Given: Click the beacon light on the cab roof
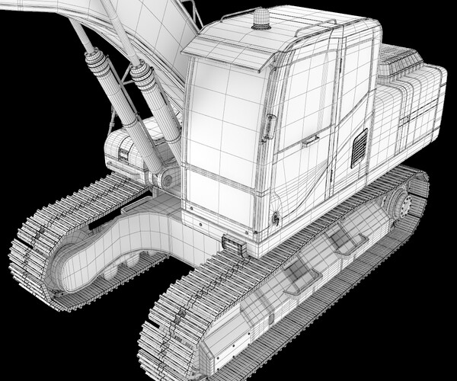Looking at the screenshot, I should pos(261,19).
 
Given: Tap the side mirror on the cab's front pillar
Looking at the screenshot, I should pos(269,126).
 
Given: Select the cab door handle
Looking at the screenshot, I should pos(309,140).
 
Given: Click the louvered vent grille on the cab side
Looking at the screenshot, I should pos(359,148).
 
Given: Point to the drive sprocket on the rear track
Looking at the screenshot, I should pos(398,205).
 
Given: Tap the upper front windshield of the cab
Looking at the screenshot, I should pos(221,114).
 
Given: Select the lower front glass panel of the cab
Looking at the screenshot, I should pos(219,197).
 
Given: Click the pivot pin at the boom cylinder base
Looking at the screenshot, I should pos(164,180).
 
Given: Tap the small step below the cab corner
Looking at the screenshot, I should pos(235,246).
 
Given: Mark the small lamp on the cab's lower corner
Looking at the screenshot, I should pos(275,219).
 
